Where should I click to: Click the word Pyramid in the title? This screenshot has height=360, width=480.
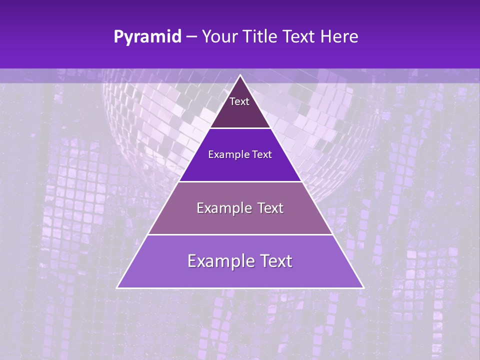click(x=147, y=37)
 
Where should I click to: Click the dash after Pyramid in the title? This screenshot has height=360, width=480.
click(x=191, y=37)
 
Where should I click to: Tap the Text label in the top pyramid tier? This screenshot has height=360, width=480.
click(x=239, y=101)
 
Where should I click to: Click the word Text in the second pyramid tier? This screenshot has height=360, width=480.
click(x=261, y=154)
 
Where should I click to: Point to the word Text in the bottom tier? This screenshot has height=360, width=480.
click(x=274, y=261)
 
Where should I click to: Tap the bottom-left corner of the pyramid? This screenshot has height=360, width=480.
click(x=117, y=287)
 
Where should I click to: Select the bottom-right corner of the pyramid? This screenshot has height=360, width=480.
click(x=363, y=287)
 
